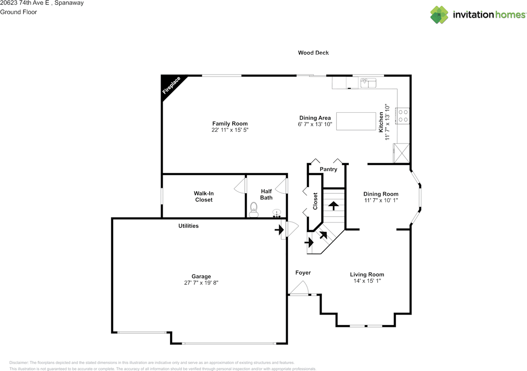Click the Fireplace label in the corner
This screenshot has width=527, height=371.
tap(172, 85)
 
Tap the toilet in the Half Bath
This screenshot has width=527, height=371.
tap(254, 209)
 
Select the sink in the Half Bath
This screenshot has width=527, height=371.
tap(277, 213)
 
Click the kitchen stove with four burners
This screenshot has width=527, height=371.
tap(403, 116)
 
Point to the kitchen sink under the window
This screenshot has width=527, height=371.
tap(368, 83)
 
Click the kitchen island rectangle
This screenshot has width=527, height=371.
tap(356, 121)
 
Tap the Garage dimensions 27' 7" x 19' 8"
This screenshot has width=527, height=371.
tap(201, 283)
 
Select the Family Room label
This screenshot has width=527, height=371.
tap(230, 123)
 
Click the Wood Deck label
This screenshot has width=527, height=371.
tap(313, 53)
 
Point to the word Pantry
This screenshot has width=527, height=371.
tap(329, 169)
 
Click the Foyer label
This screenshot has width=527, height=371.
tap(303, 273)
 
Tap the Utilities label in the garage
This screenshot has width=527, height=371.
tap(189, 226)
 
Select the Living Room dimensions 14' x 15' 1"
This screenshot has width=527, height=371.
tap(367, 281)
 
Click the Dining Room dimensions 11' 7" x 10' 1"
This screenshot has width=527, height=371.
tap(381, 200)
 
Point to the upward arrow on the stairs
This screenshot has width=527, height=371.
tap(333, 206)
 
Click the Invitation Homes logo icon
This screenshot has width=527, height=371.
tap(439, 15)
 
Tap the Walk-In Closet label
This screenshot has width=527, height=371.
tap(204, 197)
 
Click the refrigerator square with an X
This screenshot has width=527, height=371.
tap(401, 153)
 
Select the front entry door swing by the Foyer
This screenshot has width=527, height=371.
tap(299, 288)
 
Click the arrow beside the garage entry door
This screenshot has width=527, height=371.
tap(279, 230)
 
